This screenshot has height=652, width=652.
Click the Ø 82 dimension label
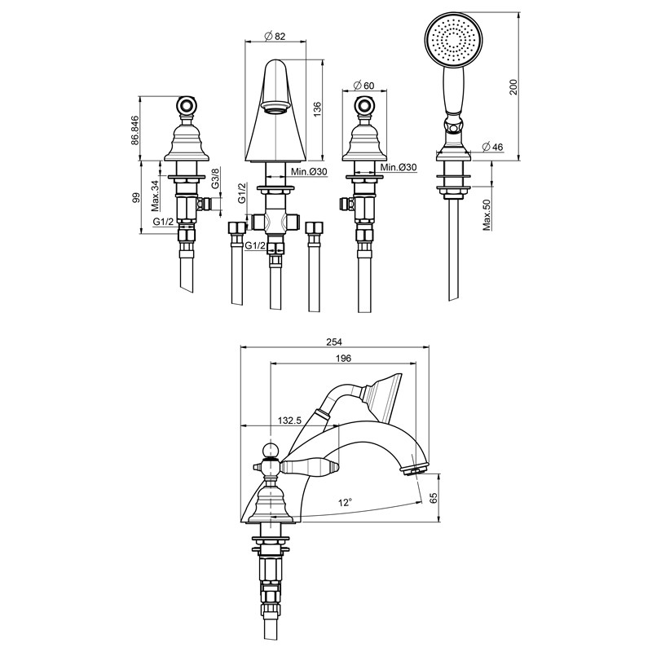[275, 36]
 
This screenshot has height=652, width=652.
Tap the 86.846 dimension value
[134, 130]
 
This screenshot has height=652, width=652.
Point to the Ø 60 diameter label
[363, 86]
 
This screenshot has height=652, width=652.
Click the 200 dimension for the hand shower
[513, 87]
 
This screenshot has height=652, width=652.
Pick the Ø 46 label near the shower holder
[492, 147]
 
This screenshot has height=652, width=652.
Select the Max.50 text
[487, 215]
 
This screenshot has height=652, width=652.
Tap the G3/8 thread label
[214, 178]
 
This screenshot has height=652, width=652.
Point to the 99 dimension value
[134, 198]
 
